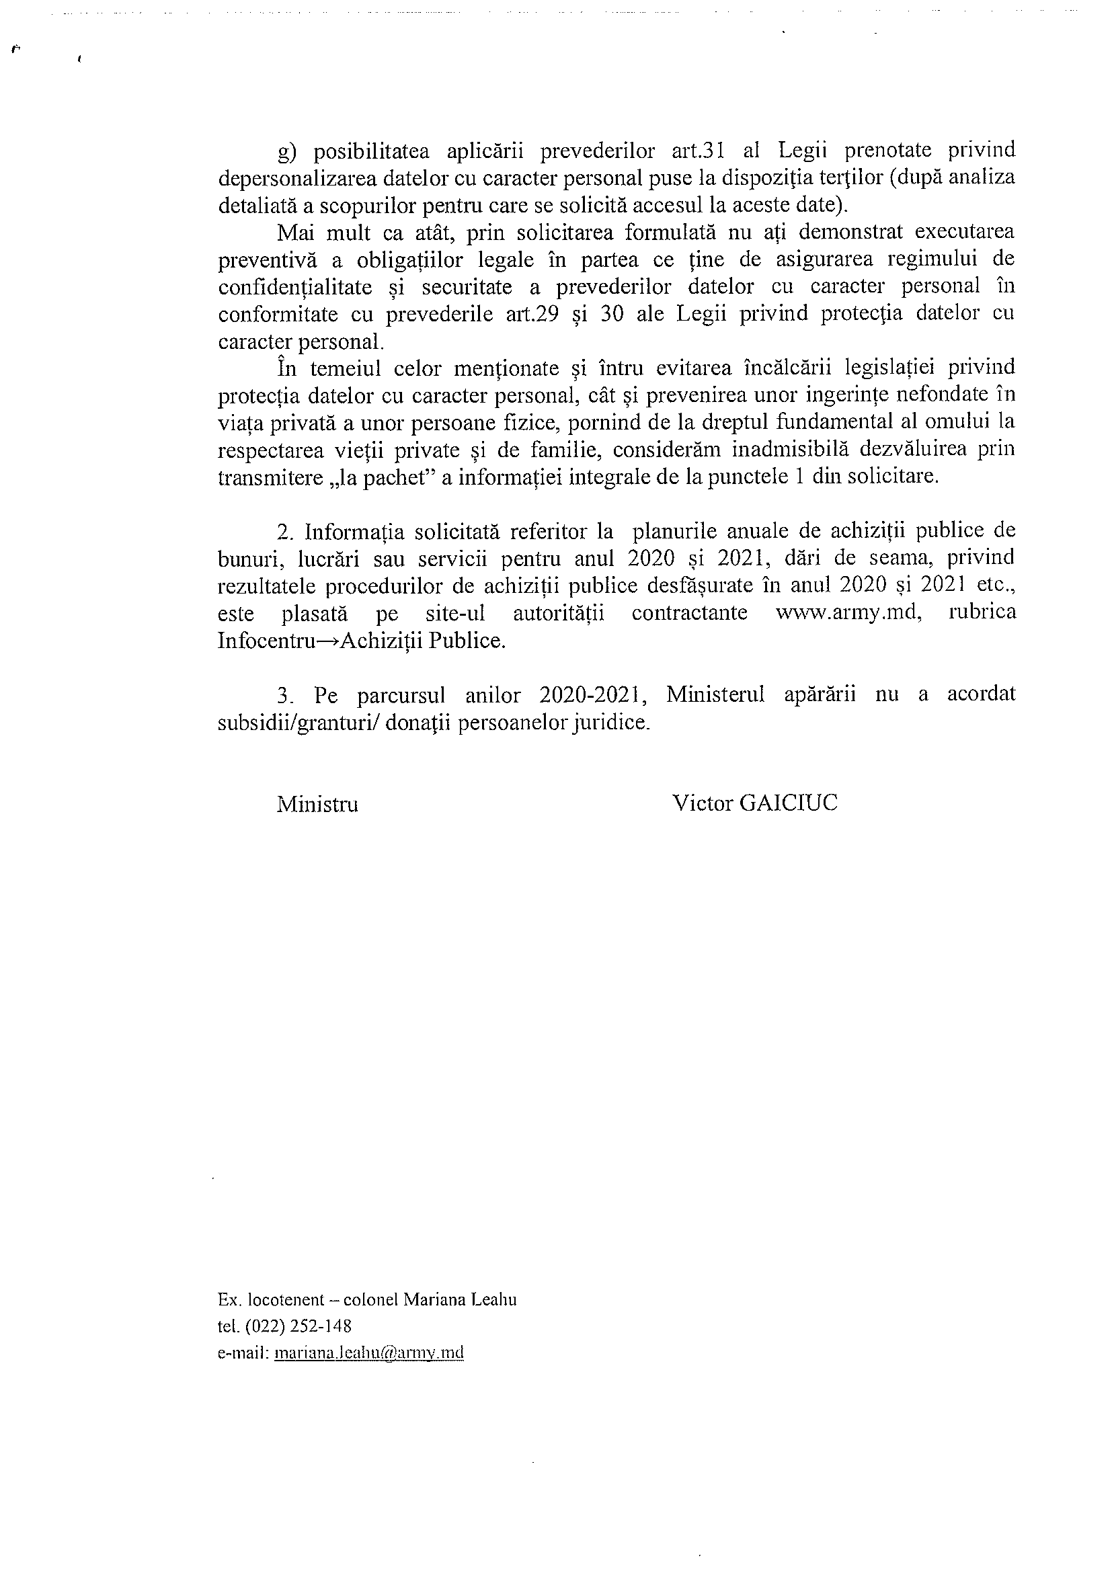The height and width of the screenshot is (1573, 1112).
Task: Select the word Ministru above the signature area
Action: click(x=317, y=804)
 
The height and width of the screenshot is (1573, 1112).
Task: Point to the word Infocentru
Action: click(x=258, y=640)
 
